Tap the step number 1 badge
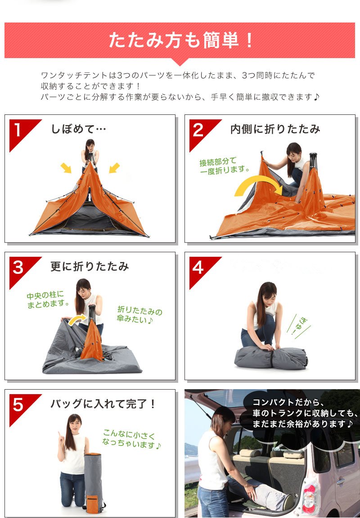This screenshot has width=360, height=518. point(18,130)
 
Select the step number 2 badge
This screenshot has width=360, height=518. point(198,130)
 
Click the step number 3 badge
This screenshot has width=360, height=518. point(18,268)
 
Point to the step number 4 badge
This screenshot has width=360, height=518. point(198,268)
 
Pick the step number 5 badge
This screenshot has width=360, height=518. point(18,405)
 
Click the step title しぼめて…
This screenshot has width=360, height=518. point(78,129)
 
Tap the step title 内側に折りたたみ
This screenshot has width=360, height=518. point(275,129)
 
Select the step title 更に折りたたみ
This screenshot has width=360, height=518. point(90,267)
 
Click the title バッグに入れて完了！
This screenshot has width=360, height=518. point(103,404)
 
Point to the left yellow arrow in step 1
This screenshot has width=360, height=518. point(66,168)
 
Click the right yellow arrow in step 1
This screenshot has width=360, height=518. point(114,168)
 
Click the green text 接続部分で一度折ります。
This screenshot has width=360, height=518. point(224,166)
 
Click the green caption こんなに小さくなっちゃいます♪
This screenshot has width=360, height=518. point(130,439)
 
